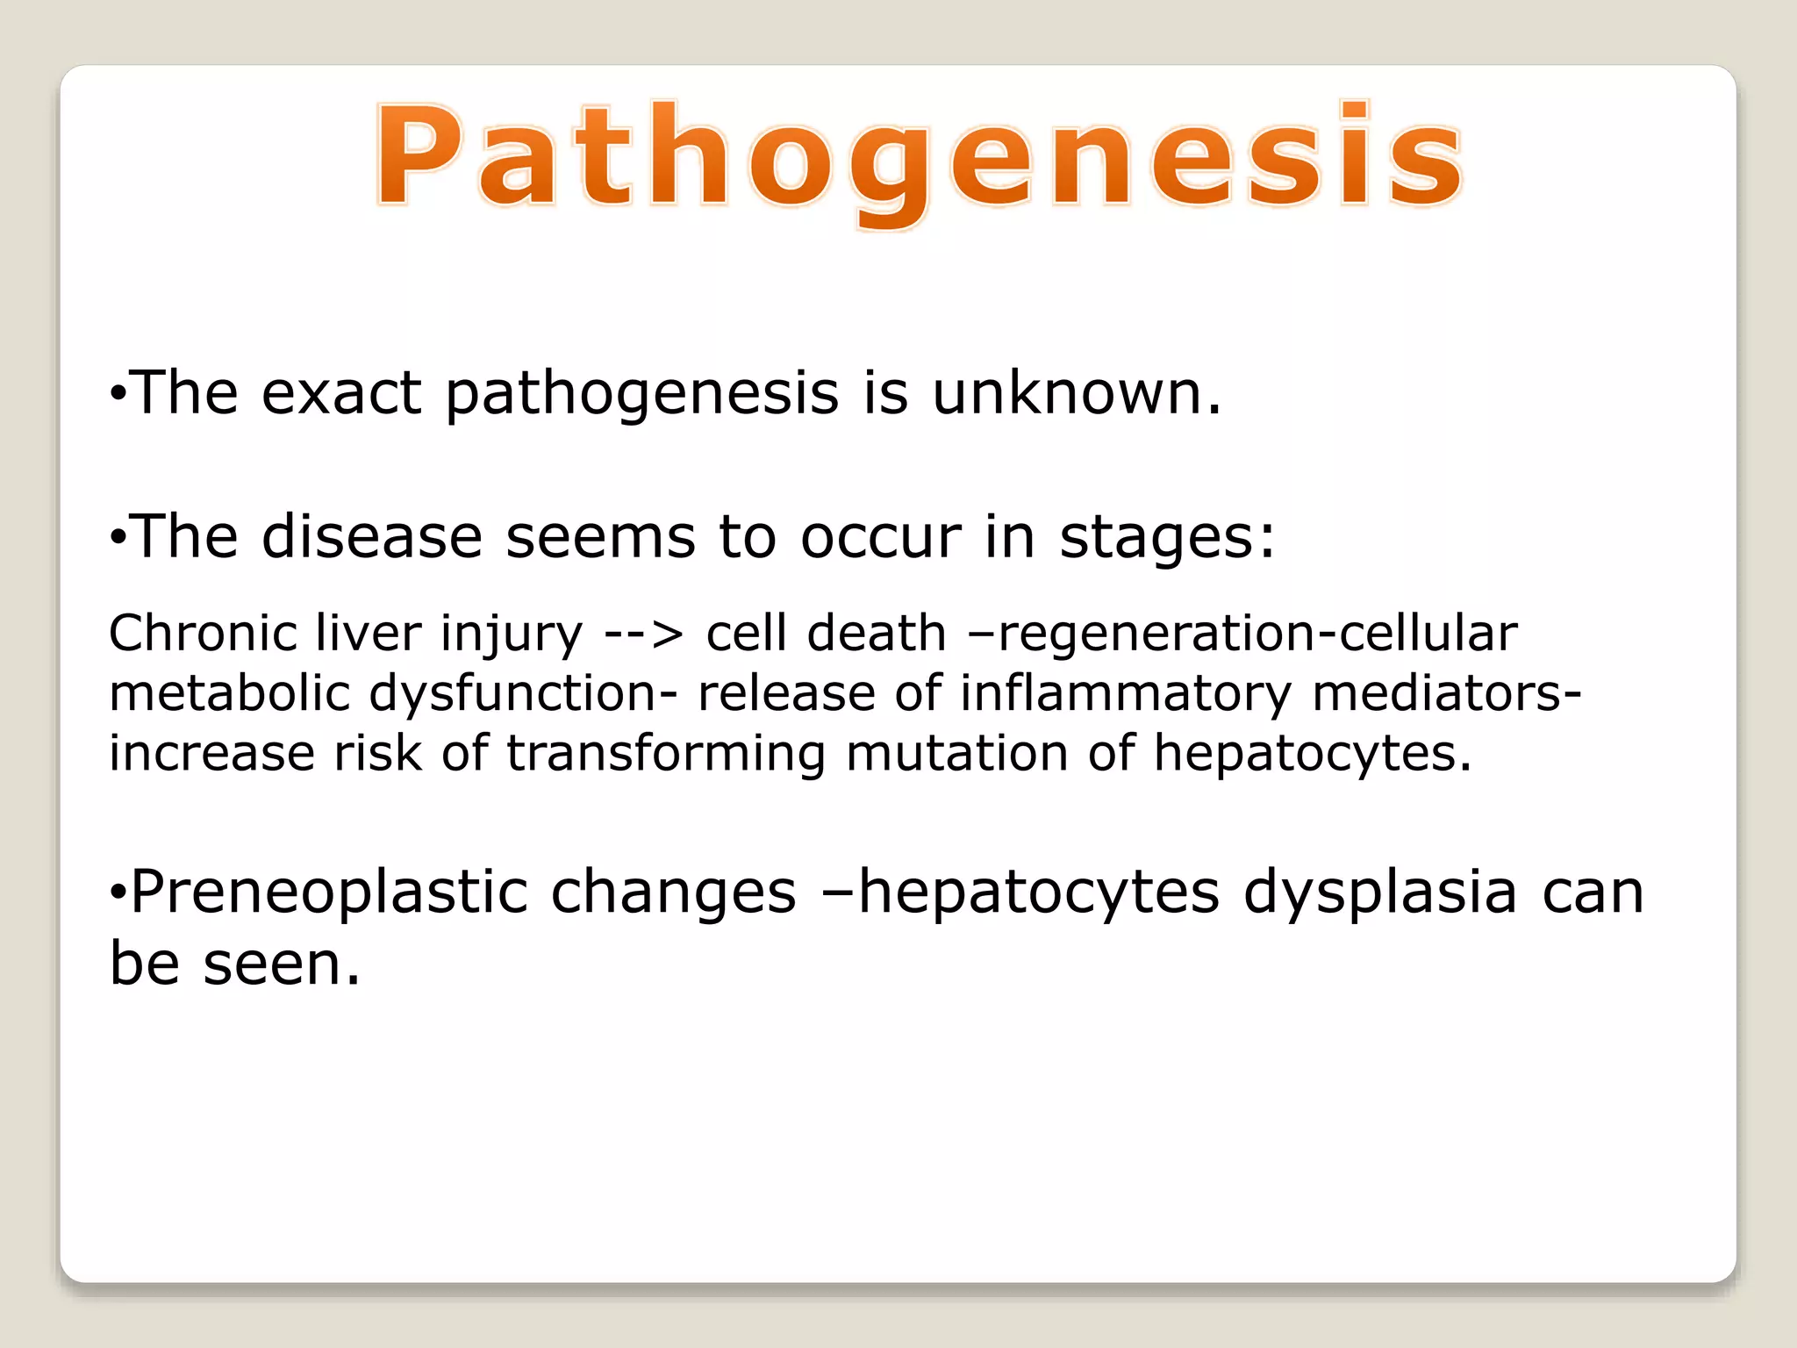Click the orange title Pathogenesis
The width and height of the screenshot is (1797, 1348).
(918, 158)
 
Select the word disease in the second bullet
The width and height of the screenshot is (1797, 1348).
(372, 536)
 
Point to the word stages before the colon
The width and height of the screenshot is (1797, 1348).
(1157, 538)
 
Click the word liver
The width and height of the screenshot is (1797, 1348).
(368, 633)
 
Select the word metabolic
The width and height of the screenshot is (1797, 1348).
(229, 692)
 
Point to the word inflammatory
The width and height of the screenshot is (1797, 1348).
(1125, 693)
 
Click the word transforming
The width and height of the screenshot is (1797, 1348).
(666, 753)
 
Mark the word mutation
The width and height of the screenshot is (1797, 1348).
(956, 753)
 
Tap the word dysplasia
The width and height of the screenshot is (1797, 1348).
(1380, 893)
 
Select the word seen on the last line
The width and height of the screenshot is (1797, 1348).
(281, 964)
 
